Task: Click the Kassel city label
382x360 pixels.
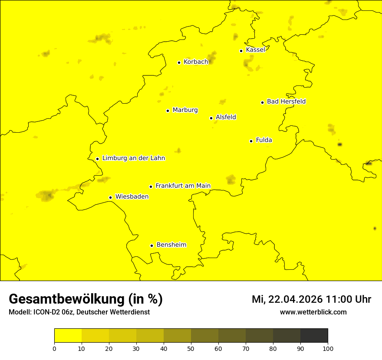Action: (255, 50)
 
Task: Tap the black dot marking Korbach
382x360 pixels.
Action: (179, 62)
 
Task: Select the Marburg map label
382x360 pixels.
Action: (185, 110)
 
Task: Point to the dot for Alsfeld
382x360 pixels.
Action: (211, 118)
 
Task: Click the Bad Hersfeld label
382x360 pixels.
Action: (286, 101)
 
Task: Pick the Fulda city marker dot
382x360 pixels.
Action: (251, 141)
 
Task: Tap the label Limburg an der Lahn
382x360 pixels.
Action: (133, 158)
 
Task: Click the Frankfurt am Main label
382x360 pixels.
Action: (183, 186)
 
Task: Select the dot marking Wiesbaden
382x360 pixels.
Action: (110, 197)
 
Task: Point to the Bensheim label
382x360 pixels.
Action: (171, 245)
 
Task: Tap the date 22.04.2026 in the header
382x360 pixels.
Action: (296, 299)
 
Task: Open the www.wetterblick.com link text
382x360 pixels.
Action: (313, 312)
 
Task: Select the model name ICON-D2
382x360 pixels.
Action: (45, 312)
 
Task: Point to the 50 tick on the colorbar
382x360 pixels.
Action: (191, 348)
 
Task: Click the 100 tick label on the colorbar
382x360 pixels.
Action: (328, 348)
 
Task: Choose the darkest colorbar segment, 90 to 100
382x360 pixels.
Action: (314, 335)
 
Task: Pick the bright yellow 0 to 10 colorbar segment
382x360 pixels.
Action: (68, 335)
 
